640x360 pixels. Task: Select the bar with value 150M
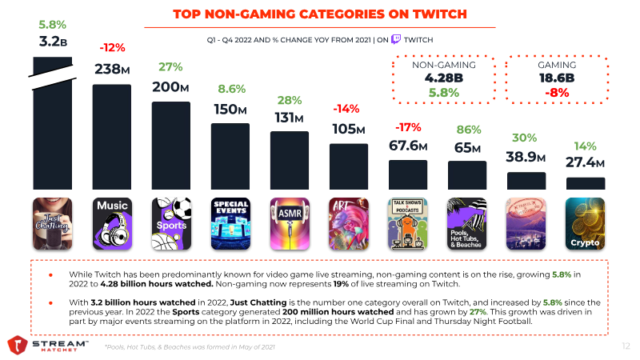tap(230, 156)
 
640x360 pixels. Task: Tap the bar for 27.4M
tap(585, 183)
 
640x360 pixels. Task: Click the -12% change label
tap(112, 48)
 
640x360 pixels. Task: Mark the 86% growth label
tap(467, 130)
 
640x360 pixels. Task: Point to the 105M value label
tap(349, 129)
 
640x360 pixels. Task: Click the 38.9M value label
tap(526, 157)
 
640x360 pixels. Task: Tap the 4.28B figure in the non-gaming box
tap(438, 78)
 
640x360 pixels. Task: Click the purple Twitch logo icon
tap(396, 38)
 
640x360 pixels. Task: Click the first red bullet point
tap(51, 274)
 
